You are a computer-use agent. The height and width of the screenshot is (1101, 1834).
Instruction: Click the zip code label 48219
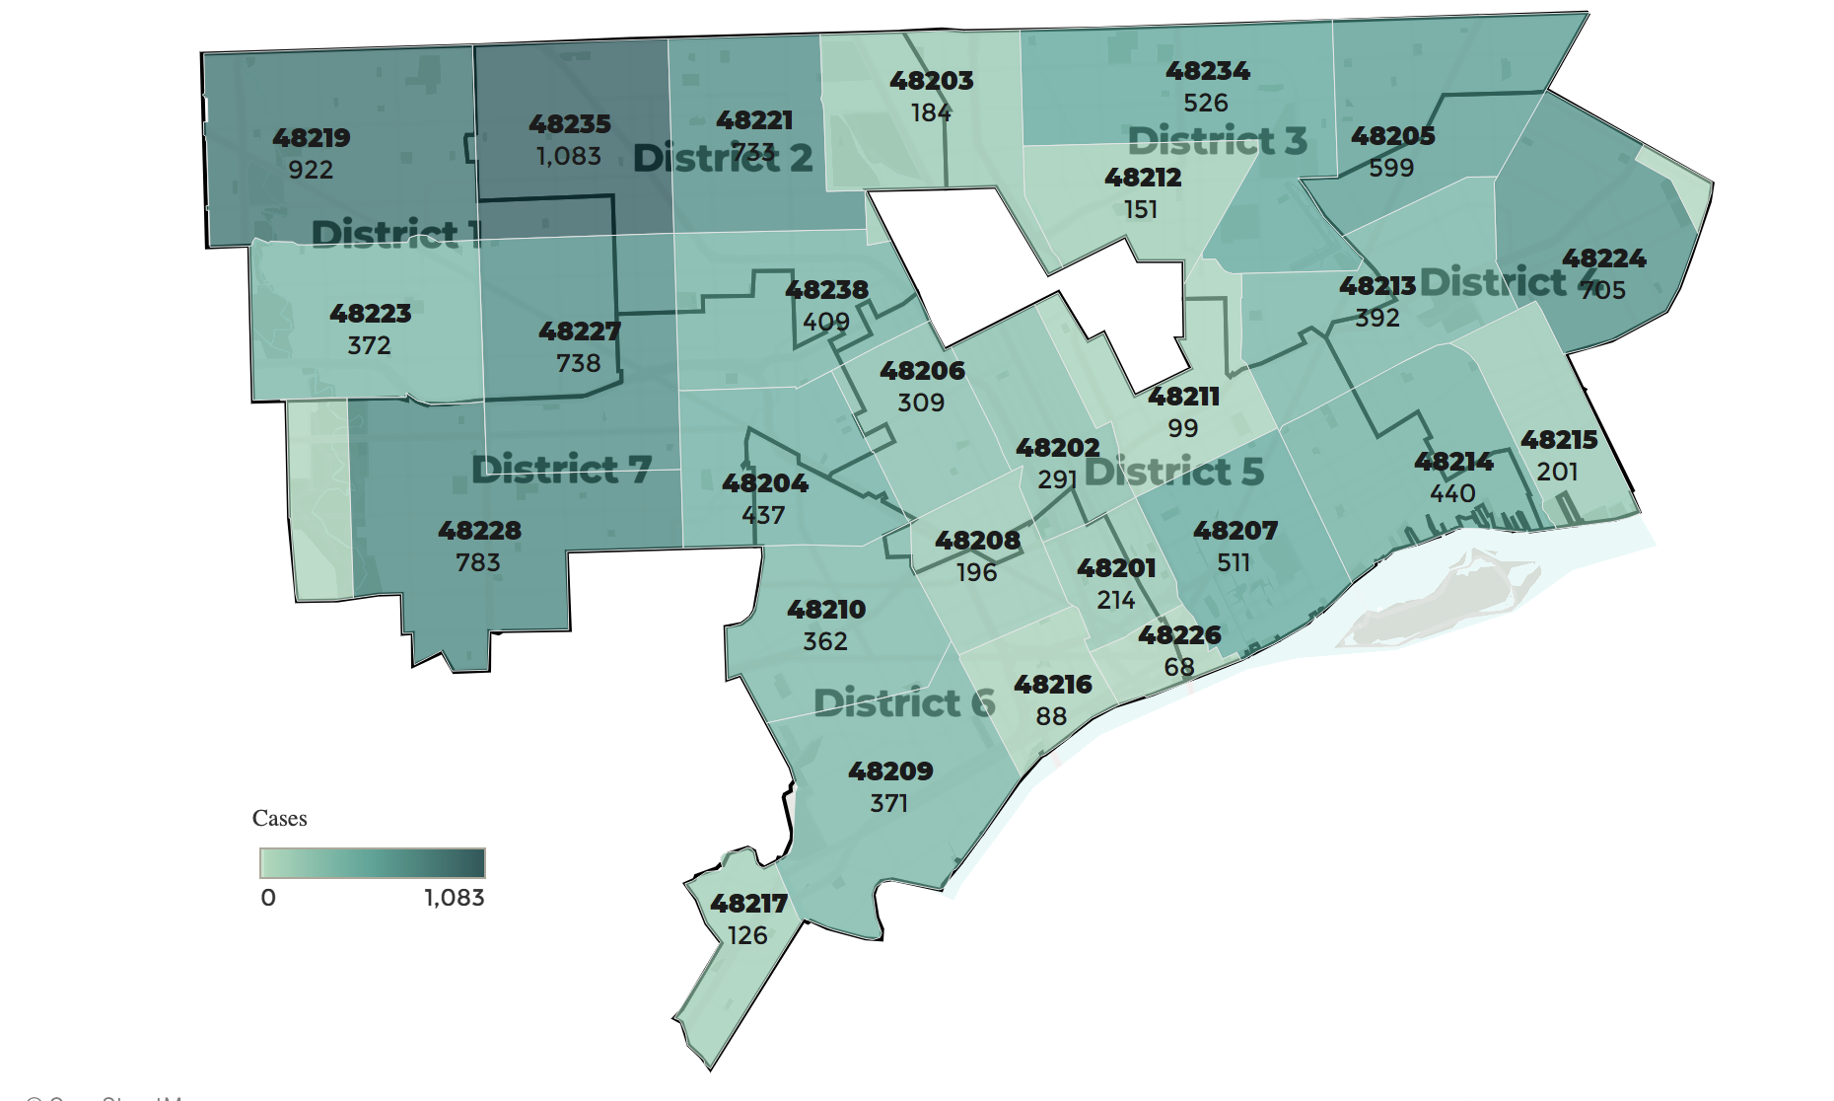(x=312, y=138)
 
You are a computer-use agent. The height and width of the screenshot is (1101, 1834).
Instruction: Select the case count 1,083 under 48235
(x=569, y=156)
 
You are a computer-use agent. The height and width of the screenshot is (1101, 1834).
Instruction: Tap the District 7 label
(x=561, y=469)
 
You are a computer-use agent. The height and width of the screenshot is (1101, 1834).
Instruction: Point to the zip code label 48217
(x=748, y=904)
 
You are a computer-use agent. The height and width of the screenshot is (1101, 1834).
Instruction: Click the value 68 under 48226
(x=1179, y=667)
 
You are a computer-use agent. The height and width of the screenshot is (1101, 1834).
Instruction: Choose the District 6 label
(x=904, y=703)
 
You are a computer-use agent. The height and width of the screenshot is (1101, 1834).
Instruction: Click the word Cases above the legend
(x=279, y=818)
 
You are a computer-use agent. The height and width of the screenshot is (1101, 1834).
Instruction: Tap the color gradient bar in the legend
(x=372, y=863)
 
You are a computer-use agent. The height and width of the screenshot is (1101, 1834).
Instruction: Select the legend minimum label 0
(x=268, y=898)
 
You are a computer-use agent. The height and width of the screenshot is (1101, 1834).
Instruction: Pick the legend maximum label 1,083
(x=455, y=898)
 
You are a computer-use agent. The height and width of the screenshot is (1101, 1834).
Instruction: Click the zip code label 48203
(x=931, y=81)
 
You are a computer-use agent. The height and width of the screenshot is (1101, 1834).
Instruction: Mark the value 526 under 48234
(x=1206, y=103)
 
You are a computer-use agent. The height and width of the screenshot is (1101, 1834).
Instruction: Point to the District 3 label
(x=1217, y=141)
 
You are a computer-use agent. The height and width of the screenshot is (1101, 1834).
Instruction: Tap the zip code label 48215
(x=1559, y=440)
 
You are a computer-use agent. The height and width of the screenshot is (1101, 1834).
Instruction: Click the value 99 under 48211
(x=1183, y=428)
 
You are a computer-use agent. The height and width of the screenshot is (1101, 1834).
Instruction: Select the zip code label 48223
(x=370, y=314)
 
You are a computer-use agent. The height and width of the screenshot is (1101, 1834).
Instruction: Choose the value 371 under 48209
(x=888, y=803)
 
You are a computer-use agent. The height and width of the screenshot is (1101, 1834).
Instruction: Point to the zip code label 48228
(x=479, y=531)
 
